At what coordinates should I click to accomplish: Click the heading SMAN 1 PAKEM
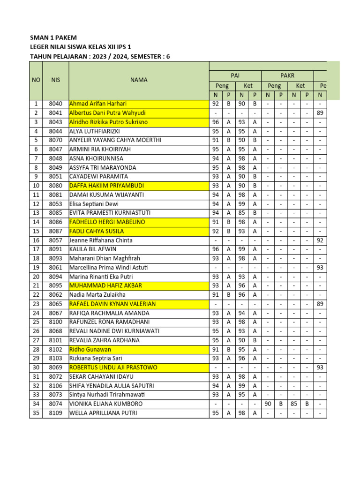[x=53, y=37]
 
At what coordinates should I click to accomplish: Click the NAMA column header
[x=139, y=80]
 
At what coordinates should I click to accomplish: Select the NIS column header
[x=55, y=80]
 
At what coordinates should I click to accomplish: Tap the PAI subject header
[x=235, y=75]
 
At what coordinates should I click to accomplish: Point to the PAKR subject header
[x=287, y=75]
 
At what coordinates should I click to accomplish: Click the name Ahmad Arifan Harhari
[x=98, y=104]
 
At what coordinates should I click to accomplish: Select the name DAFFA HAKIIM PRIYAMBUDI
[x=106, y=186]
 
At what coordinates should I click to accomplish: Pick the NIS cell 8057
[x=55, y=240]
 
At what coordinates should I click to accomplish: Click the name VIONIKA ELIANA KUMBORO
[x=106, y=404]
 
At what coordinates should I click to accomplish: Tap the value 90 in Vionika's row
[x=268, y=404]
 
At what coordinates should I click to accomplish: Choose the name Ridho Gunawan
[x=90, y=349]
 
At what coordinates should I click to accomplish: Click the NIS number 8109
[x=55, y=413]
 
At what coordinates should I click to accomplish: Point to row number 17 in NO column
[x=36, y=249]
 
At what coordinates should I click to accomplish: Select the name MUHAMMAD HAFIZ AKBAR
[x=105, y=285]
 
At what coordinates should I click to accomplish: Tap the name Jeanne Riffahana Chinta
[x=101, y=240]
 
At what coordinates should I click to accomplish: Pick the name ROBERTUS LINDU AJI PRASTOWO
[x=113, y=367]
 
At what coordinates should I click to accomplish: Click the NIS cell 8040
[x=55, y=104]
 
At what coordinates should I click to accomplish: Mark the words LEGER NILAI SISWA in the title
[x=58, y=47]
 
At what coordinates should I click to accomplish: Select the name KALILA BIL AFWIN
[x=93, y=249]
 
